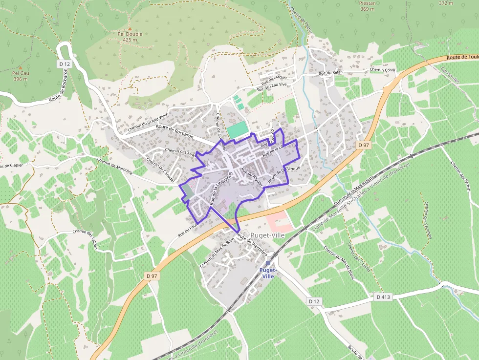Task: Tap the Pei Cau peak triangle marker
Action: coord(21,68)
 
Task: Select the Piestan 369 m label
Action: coord(368,6)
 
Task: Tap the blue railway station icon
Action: coord(268,263)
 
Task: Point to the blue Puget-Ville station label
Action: coord(268,273)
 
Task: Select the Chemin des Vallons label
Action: coord(85,239)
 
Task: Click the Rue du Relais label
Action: coord(331,73)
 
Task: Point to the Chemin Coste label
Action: coord(382,70)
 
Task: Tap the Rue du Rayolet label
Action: coord(252,177)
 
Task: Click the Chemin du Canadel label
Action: coord(160,169)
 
